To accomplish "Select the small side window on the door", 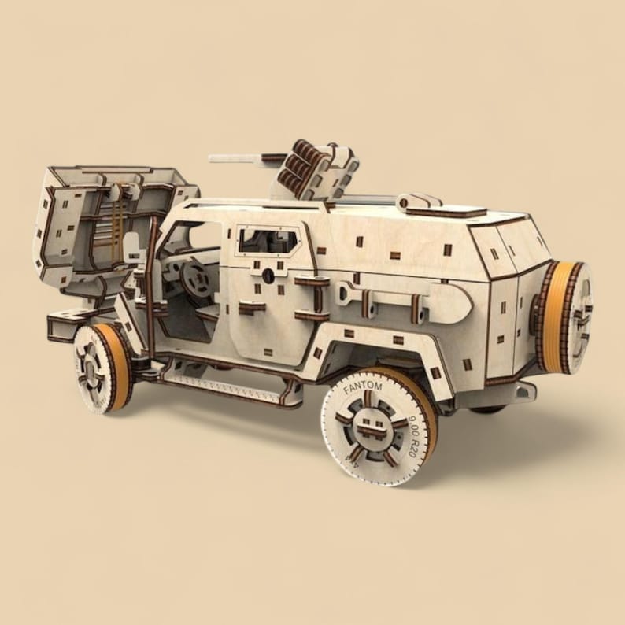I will pos(269,239).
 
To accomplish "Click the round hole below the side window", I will pos(269,276).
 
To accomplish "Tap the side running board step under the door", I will pos(228,386).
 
